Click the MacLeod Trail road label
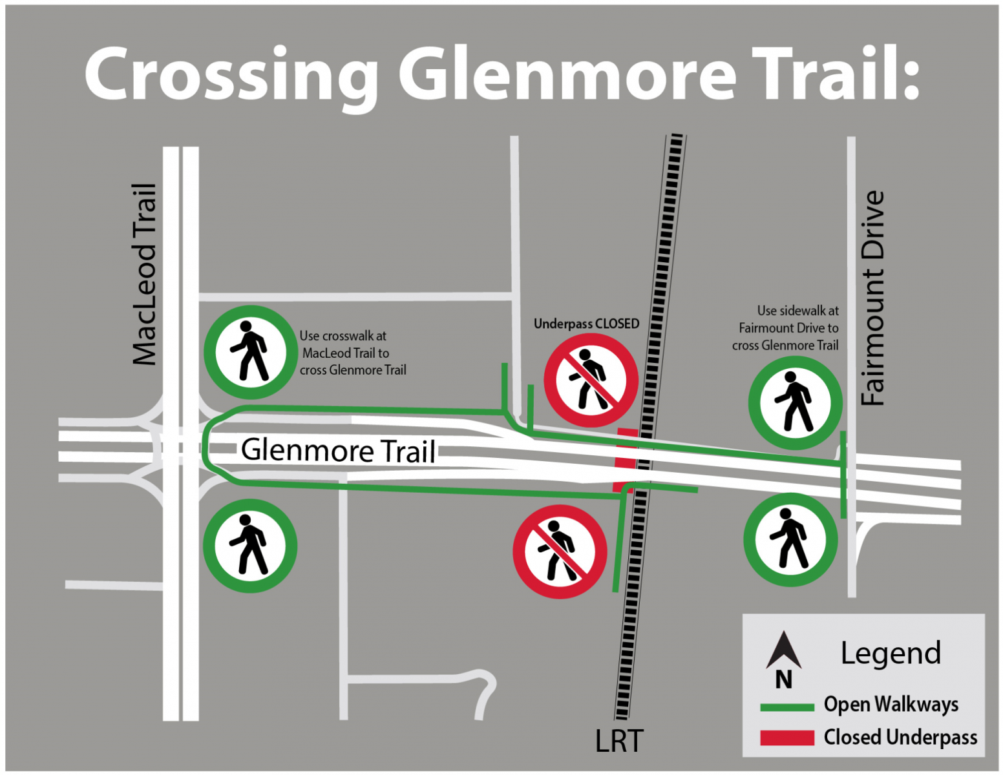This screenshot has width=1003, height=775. tap(144, 274)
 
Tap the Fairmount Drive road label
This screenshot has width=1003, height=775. tap(872, 298)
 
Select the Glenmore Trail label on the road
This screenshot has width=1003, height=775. tap(338, 450)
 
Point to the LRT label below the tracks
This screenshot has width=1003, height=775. tap(619, 741)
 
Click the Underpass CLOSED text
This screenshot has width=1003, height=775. tap(586, 324)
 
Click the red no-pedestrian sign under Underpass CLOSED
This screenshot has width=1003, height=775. tap(591, 380)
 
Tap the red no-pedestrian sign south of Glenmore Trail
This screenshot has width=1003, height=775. tap(560, 552)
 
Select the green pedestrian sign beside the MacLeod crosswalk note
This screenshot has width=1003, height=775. tap(251, 352)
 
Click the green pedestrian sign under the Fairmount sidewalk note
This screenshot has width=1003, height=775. tap(795, 403)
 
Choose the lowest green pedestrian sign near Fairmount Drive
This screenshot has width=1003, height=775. tap(790, 540)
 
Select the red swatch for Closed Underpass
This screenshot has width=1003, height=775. tap(787, 738)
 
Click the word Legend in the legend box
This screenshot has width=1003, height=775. tap(890, 653)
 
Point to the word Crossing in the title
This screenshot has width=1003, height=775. tap(231, 74)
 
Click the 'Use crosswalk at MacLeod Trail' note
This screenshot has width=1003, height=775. tap(352, 353)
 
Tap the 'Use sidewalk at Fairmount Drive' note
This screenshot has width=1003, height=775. tap(786, 328)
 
